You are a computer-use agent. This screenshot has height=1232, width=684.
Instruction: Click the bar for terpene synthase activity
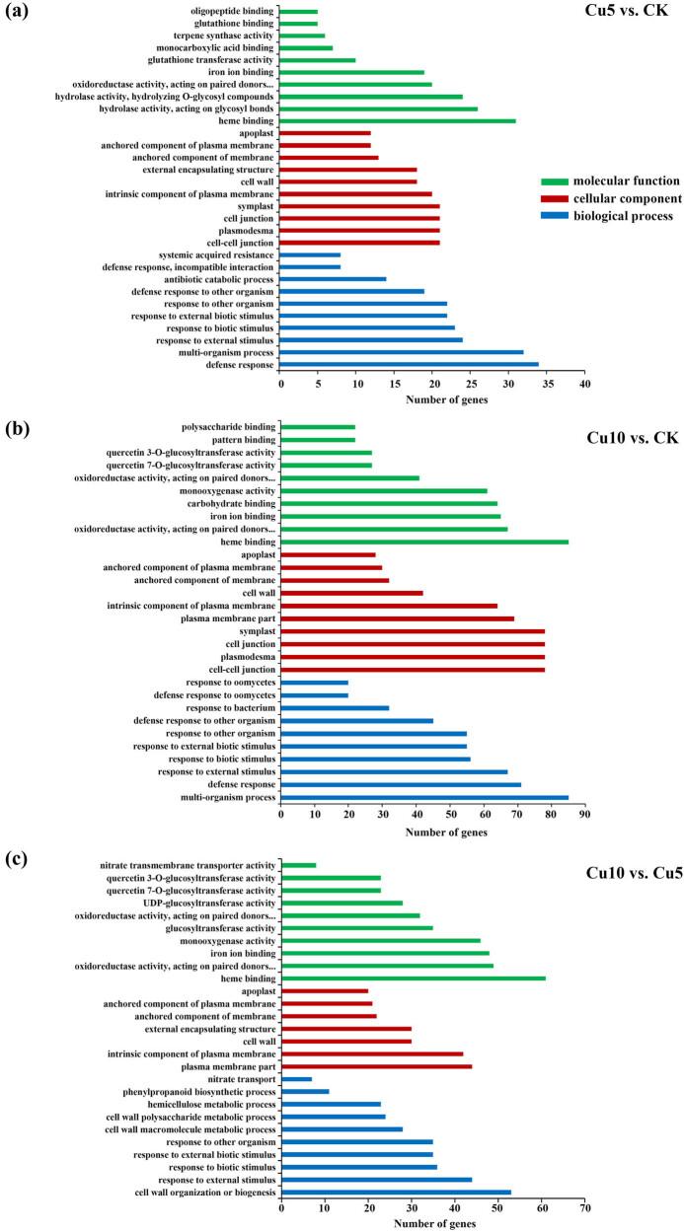[303, 36]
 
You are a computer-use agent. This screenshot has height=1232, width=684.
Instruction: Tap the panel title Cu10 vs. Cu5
[623, 874]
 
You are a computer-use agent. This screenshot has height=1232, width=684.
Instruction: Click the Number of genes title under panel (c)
[434, 1224]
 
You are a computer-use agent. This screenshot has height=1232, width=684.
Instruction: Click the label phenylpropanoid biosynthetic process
[192, 1092]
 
